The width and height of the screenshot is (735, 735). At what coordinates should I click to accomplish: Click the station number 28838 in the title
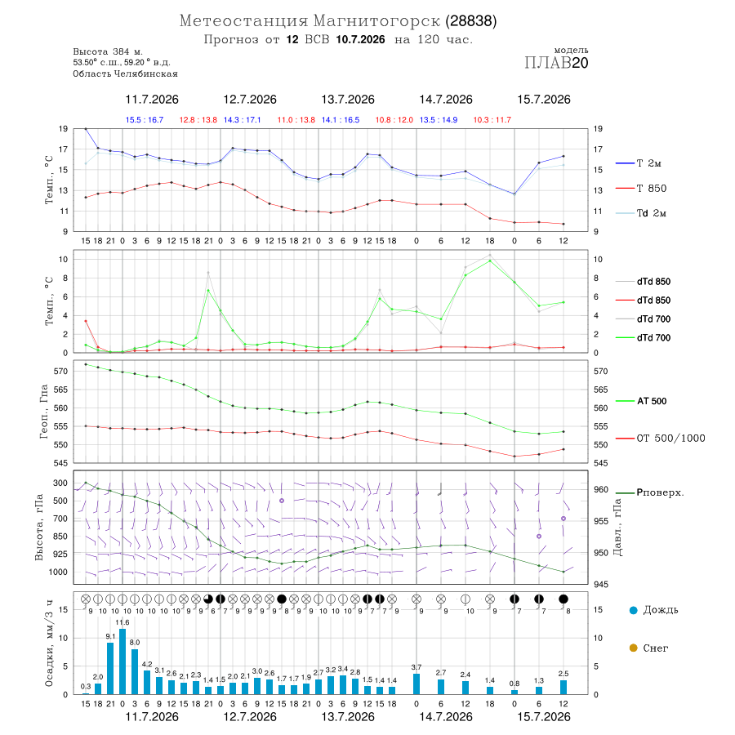pos(471,21)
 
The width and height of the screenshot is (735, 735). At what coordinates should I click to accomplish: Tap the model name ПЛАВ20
pos(556,63)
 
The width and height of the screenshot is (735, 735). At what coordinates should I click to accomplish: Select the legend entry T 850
pos(651,189)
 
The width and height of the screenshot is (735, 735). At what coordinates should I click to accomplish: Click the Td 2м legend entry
pos(651,213)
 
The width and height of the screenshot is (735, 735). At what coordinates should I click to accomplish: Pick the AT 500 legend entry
pos(652,401)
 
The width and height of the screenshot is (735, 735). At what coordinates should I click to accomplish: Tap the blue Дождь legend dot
pos(633,610)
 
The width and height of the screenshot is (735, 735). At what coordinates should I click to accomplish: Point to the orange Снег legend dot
pos(633,648)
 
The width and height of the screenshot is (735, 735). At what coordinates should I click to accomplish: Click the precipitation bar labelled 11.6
pos(122,661)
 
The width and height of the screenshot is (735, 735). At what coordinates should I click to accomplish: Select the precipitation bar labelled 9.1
pos(110,668)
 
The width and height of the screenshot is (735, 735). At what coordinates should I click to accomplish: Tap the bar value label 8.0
pos(135,642)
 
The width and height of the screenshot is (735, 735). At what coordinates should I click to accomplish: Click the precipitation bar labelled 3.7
pos(416,684)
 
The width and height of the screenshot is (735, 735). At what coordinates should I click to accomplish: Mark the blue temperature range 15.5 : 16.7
pos(145,120)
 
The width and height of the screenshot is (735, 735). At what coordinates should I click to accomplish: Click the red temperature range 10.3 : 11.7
pos(492,120)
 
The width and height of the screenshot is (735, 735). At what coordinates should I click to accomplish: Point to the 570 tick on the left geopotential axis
pos(61,372)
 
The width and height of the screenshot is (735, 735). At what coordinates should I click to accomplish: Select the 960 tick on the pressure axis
pos(601,489)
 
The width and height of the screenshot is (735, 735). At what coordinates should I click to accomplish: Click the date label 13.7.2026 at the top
pos(347,100)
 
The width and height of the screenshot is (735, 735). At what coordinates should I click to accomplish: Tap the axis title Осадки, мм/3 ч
pos(48,644)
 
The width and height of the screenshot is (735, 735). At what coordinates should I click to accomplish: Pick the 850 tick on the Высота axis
pos(60,537)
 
